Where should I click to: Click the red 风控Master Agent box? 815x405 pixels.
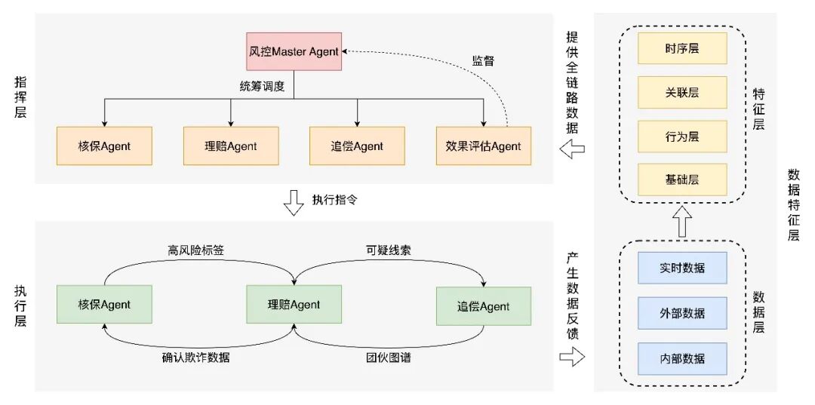click(x=294, y=52)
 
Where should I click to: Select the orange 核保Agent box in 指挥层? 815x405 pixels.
click(x=104, y=146)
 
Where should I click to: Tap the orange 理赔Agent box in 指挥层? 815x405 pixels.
click(x=231, y=146)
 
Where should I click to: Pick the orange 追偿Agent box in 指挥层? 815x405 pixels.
click(x=357, y=146)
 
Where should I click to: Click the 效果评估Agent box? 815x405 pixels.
click(x=483, y=146)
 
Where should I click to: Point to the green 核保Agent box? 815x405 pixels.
click(x=104, y=305)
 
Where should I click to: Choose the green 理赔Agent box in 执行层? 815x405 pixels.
click(x=294, y=305)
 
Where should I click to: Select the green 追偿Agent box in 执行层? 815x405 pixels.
click(x=484, y=306)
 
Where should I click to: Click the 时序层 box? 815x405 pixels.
click(x=682, y=48)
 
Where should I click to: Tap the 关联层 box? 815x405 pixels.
click(x=682, y=92)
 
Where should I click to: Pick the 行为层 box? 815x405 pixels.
click(x=682, y=136)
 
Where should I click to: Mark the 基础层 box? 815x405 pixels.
click(x=682, y=179)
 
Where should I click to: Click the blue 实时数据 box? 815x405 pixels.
click(x=682, y=268)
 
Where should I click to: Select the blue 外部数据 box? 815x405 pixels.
click(x=682, y=312)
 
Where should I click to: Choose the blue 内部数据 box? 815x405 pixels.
click(x=682, y=357)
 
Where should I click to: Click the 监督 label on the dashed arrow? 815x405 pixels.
click(x=483, y=61)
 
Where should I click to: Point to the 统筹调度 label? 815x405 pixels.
click(x=262, y=86)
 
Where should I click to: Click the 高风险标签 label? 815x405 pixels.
click(x=196, y=250)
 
